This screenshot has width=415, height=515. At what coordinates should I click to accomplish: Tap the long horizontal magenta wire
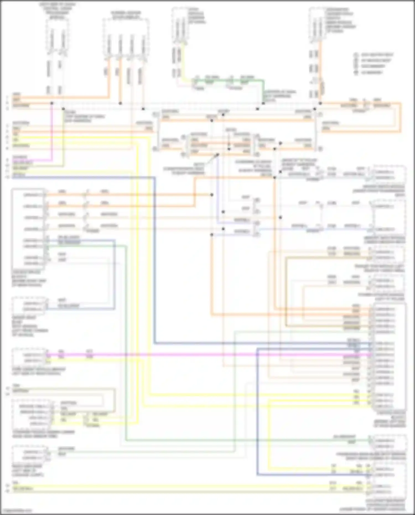tap(194, 354)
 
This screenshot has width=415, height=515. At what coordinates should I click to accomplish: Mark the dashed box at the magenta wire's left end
tap(28, 358)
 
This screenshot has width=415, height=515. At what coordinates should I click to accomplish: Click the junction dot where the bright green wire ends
tap(263, 103)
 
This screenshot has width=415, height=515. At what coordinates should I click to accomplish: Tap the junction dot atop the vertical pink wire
tap(52, 103)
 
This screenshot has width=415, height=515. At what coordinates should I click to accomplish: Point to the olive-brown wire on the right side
tap(286, 291)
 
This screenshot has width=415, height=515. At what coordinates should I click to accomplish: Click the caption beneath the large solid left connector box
tap(29, 278)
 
